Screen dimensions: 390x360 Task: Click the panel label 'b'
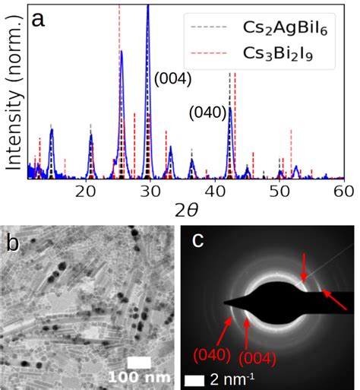(x=13, y=243)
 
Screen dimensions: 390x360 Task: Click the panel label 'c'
(x=197, y=241)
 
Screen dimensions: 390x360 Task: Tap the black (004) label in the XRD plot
(x=172, y=78)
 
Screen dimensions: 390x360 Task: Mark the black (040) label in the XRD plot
(x=207, y=113)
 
